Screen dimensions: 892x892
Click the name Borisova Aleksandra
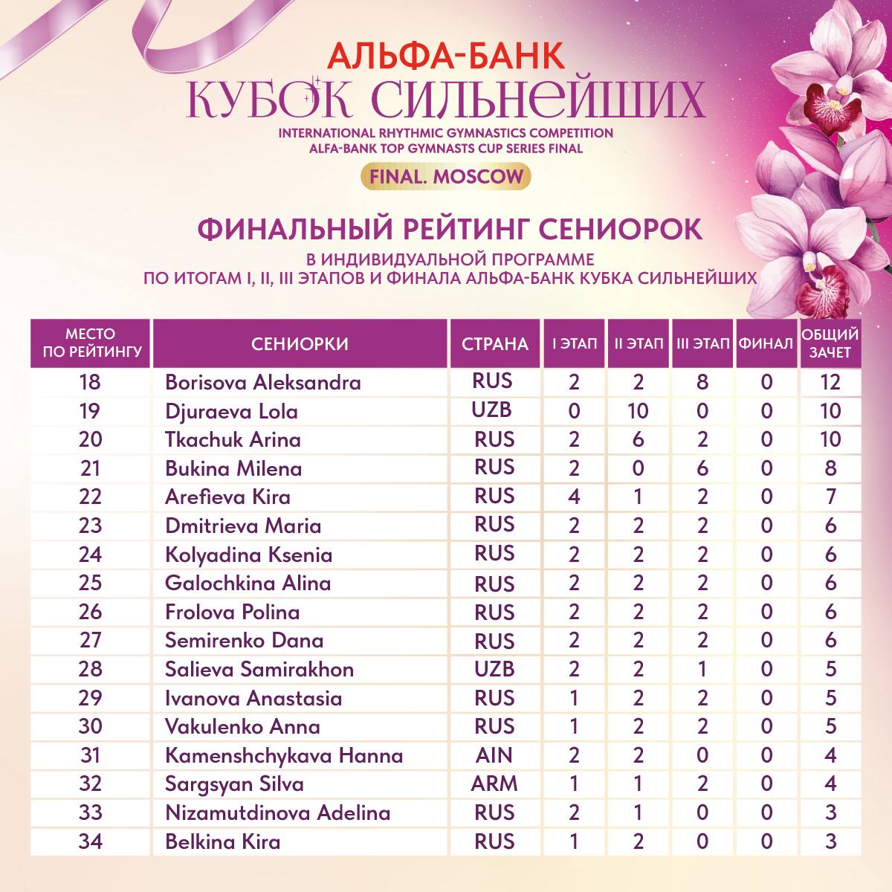pos(262,382)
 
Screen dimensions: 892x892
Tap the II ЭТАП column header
pos(639,343)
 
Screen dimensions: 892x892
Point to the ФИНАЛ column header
pos(766,343)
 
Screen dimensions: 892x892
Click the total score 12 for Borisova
pos(830,382)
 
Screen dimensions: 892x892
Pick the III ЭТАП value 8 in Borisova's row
pos(702,382)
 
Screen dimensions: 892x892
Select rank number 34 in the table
pos(90,841)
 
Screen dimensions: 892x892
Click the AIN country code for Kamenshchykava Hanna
pos(494,755)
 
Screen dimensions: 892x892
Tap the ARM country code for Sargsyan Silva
pos(494,783)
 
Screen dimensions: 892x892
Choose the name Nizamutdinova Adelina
pos(277,812)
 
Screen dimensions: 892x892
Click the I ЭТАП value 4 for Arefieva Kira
pos(574,497)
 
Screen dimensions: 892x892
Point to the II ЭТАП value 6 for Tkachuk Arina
pos(639,439)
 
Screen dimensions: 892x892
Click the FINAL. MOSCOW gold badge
pos(445,177)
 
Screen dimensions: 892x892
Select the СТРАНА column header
pos(494,343)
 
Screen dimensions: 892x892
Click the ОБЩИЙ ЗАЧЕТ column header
pos(830,343)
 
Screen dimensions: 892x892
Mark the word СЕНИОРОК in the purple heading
pos(619,229)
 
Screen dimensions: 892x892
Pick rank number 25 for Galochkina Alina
pos(90,583)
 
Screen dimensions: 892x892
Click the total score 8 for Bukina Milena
pos(830,468)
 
